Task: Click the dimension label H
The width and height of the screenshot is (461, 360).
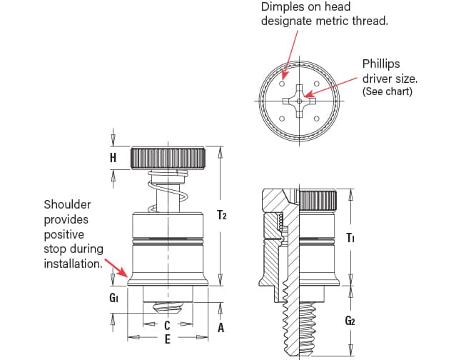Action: pos(113,158)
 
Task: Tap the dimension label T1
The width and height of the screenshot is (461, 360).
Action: pos(350,237)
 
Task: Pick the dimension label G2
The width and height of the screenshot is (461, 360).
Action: pos(350,321)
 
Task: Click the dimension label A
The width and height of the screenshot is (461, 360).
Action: pos(221,328)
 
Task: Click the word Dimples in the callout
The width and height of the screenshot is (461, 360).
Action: pos(280,6)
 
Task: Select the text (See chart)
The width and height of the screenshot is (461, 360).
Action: pos(387,92)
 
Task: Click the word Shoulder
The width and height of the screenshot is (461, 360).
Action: pos(67,204)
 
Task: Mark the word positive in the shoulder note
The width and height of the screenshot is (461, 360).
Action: pos(64,234)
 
